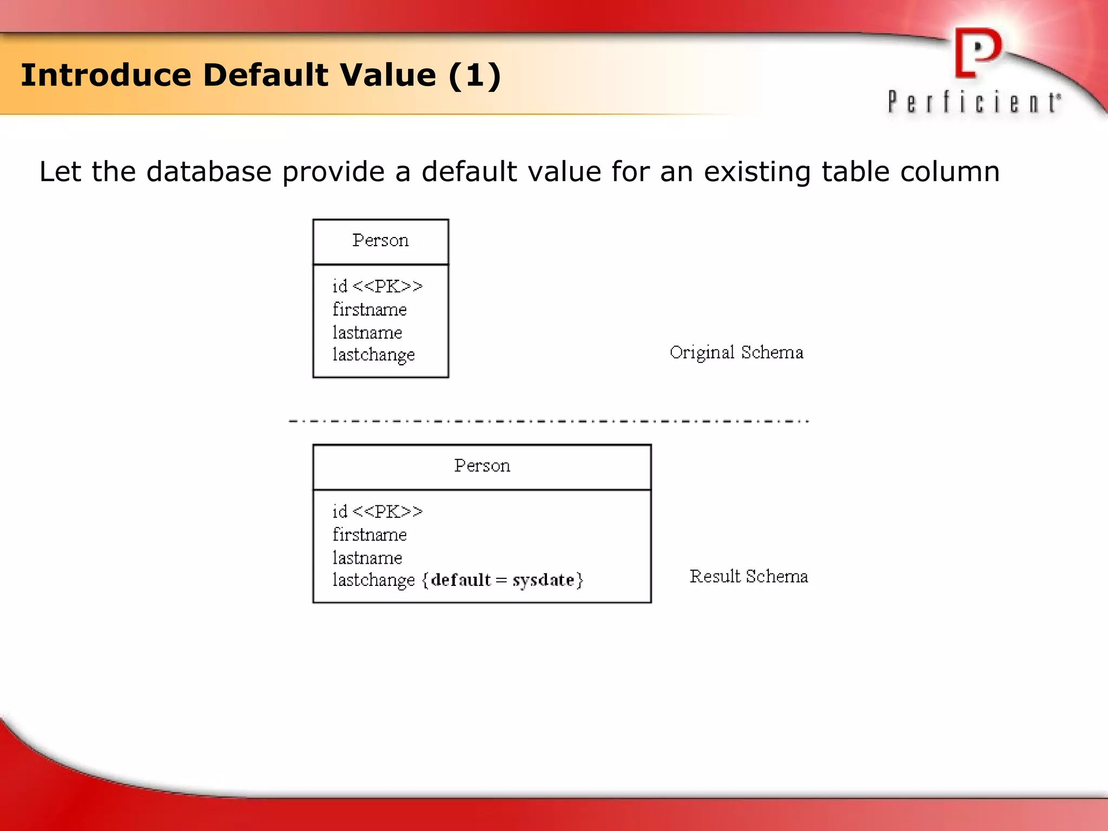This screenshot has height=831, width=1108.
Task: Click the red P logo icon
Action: click(978, 52)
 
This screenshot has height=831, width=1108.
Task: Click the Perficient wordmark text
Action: click(973, 102)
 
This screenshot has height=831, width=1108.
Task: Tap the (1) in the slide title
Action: click(474, 75)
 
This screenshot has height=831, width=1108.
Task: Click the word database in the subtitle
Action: click(209, 172)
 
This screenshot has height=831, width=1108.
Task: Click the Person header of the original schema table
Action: click(380, 240)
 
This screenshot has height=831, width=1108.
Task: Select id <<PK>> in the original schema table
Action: click(377, 286)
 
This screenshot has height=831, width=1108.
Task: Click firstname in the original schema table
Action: click(370, 309)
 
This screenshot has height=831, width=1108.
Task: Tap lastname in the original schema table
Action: click(367, 332)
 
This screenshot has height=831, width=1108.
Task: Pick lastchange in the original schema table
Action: click(373, 355)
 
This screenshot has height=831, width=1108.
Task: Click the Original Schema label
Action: click(736, 352)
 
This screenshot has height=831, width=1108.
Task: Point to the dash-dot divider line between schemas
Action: click(549, 421)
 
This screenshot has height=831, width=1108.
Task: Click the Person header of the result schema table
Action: click(482, 466)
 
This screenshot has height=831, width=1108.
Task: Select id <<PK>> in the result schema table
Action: click(377, 511)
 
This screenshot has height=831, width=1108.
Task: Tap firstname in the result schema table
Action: click(370, 535)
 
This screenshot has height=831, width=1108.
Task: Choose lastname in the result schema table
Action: click(367, 558)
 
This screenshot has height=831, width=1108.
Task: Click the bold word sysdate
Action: click(543, 580)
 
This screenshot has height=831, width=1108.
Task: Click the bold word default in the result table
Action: click(461, 580)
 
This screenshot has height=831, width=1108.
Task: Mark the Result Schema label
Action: click(749, 576)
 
